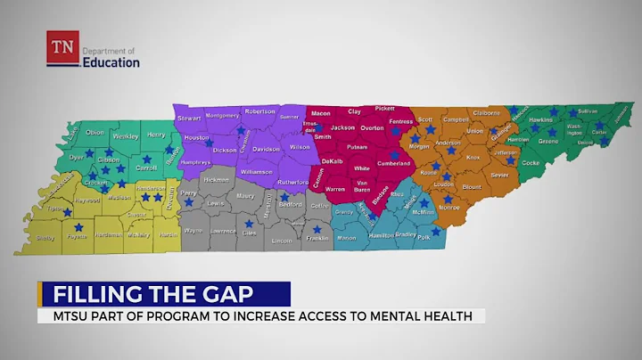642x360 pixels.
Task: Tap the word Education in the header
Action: point(111,62)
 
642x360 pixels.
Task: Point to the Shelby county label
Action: point(45,238)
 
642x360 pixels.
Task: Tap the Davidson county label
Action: point(267,150)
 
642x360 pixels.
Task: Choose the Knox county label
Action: point(473,158)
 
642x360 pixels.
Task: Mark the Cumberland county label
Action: point(394,164)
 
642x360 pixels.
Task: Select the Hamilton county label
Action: point(382,234)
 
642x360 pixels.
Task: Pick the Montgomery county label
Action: point(223,116)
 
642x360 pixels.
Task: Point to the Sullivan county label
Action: point(588,111)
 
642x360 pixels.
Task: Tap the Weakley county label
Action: point(125,136)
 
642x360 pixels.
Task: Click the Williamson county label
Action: point(256,171)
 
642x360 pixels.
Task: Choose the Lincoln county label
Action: point(282,241)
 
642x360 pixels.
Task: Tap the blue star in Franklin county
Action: point(316,229)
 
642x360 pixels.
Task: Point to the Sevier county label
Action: point(499,176)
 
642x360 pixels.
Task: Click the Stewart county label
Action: point(189,118)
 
